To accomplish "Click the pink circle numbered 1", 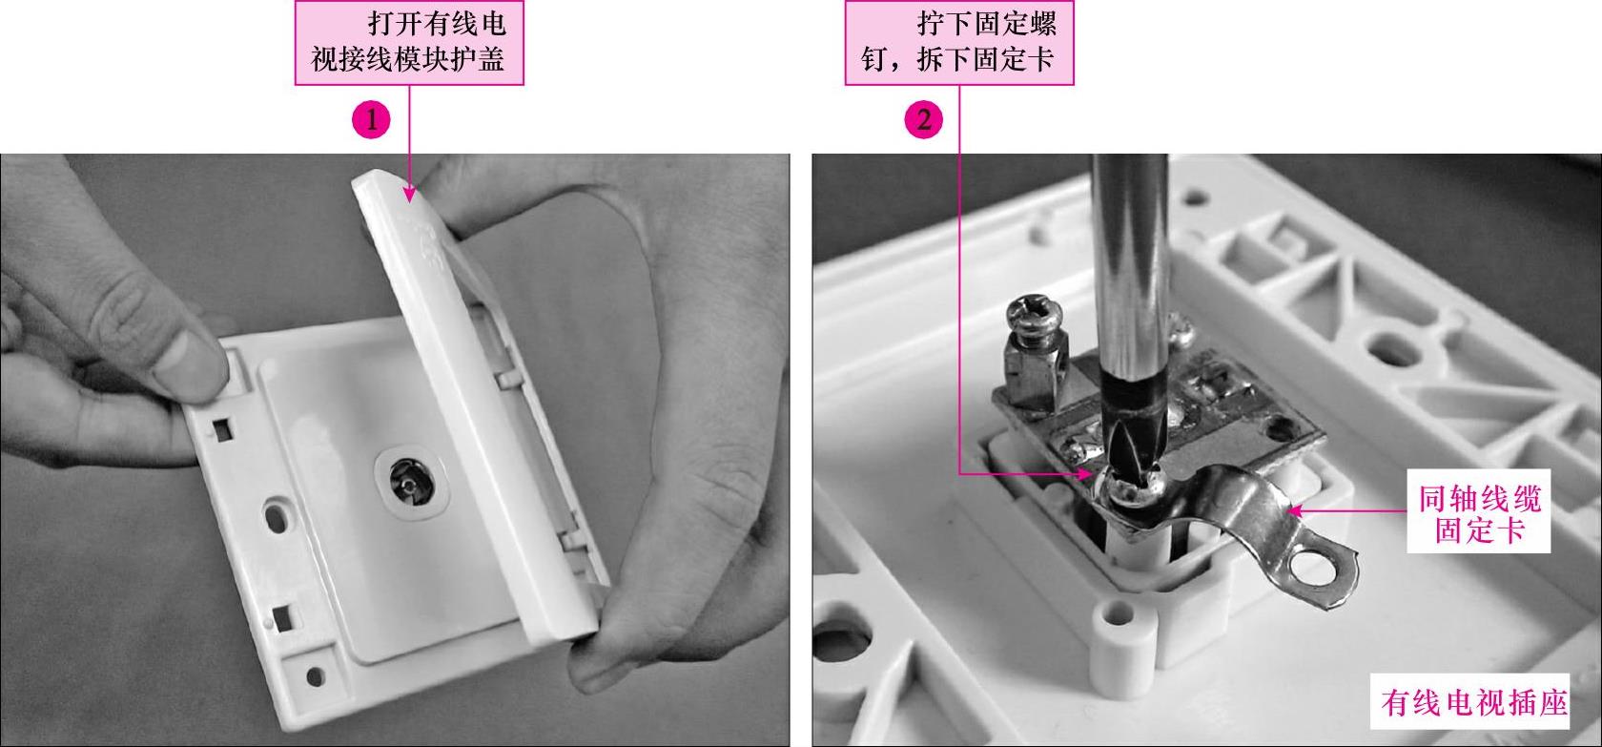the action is click(x=371, y=119).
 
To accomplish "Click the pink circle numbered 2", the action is click(x=923, y=119).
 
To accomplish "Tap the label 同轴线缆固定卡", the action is click(x=1479, y=511).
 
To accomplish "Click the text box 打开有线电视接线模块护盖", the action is click(x=409, y=43).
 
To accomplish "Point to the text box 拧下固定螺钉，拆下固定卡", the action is click(x=959, y=43).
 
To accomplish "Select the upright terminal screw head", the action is click(x=1033, y=317).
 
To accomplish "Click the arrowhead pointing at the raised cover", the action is click(x=409, y=193).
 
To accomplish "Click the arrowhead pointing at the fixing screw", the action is click(x=1085, y=473).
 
